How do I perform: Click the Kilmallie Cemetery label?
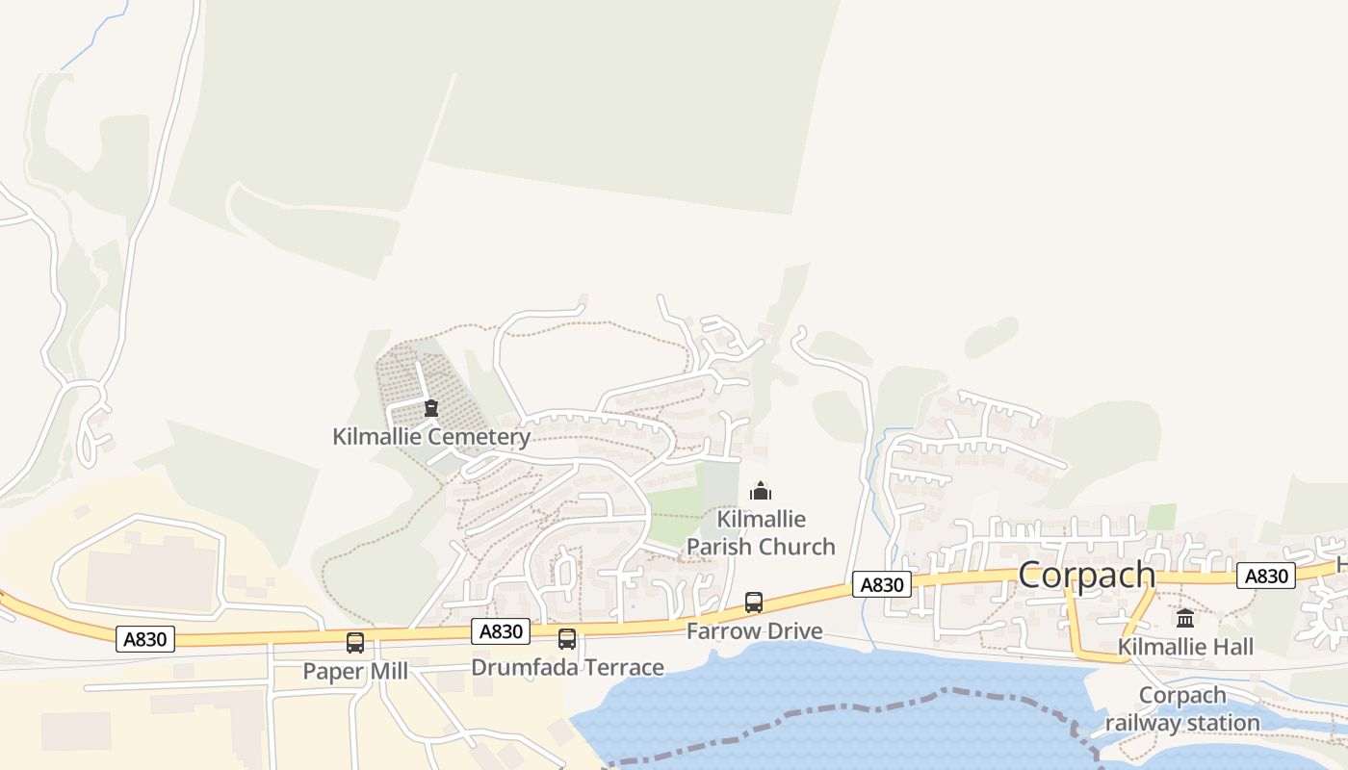click(x=431, y=437)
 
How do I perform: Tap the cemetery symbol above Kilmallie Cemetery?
click(x=431, y=408)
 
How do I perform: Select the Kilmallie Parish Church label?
click(x=761, y=533)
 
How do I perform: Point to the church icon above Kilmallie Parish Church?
click(x=761, y=492)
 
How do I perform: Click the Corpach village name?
click(x=1086, y=575)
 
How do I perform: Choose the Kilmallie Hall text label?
click(x=1185, y=647)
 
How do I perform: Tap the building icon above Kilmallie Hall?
click(x=1185, y=618)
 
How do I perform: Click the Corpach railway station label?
click(x=1182, y=708)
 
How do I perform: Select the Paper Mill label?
click(x=355, y=671)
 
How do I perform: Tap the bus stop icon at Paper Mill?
click(x=355, y=642)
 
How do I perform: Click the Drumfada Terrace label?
click(x=567, y=667)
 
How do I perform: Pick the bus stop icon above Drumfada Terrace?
click(x=567, y=638)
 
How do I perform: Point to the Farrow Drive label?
click(x=754, y=631)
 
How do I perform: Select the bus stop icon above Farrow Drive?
click(x=754, y=603)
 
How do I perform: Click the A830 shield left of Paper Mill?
click(x=145, y=638)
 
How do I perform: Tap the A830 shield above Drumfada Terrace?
click(x=501, y=631)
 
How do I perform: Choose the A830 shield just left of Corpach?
click(x=881, y=584)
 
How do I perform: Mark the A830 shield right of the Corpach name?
click(x=1266, y=576)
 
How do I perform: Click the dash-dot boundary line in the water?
click(x=867, y=706)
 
